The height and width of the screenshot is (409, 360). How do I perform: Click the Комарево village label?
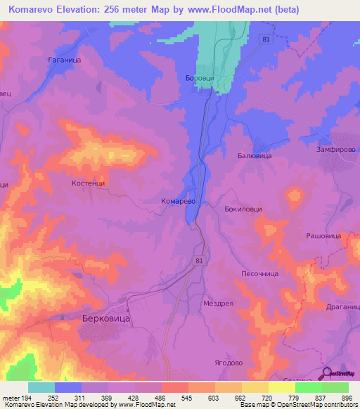coord(174,200)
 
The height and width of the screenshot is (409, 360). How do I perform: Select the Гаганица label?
coord(64,60)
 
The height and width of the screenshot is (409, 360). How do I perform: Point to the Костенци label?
coord(88,183)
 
